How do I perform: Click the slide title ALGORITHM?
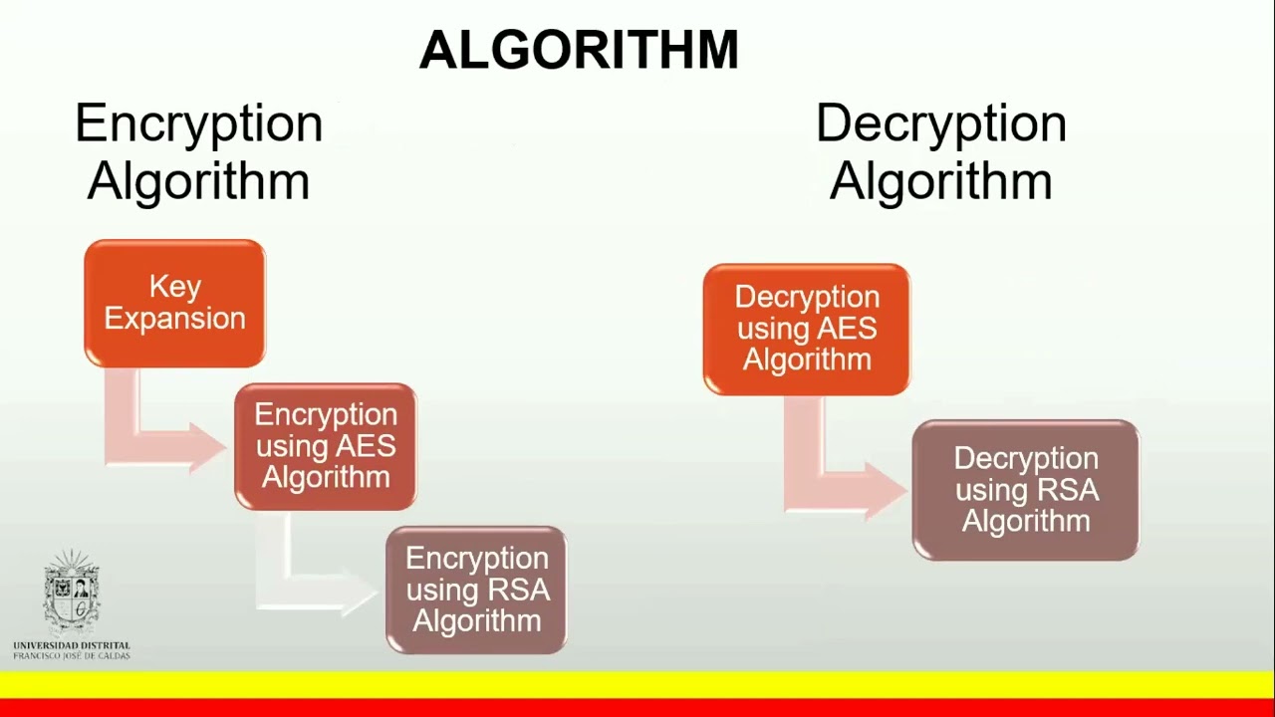tap(579, 51)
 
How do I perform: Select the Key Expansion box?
tap(174, 304)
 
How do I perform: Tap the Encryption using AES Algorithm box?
tap(325, 446)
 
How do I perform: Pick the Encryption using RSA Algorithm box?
tap(476, 590)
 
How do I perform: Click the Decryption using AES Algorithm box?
tap(806, 329)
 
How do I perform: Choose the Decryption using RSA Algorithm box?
tap(1025, 490)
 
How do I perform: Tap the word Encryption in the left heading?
tap(198, 124)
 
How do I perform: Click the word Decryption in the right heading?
tap(940, 124)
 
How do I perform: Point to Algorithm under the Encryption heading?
tap(198, 182)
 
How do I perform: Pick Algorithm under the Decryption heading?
tap(940, 182)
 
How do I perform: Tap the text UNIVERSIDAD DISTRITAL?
tap(71, 645)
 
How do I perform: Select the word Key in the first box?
tap(174, 287)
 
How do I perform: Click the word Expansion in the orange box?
tap(174, 319)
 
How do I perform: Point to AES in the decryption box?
tap(849, 329)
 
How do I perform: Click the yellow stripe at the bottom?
tap(637, 684)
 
